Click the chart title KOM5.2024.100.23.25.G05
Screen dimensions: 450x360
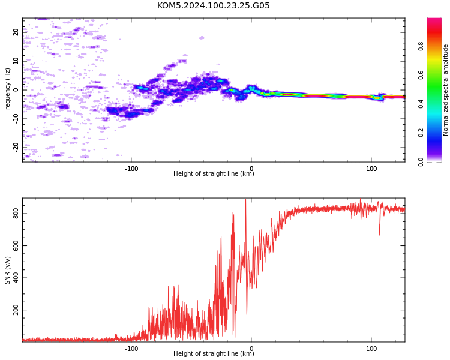(213, 5)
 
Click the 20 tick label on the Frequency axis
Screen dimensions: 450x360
(16, 32)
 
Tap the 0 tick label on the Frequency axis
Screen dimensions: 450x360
(16, 90)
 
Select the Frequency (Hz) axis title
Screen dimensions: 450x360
(7, 90)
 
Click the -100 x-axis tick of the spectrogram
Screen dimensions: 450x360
(131, 169)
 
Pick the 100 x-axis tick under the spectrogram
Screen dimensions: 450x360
(371, 169)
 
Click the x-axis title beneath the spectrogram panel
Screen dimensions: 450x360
(214, 173)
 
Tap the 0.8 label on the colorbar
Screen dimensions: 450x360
(421, 46)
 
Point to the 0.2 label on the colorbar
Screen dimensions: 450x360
(421, 133)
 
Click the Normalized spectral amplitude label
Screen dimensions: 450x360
(445, 90)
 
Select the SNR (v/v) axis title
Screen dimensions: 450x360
(7, 270)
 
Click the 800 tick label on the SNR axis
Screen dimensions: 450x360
(16, 214)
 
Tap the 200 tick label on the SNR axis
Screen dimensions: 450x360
(16, 310)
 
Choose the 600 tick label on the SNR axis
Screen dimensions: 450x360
(16, 246)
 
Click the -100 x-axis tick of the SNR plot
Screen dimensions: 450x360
(131, 349)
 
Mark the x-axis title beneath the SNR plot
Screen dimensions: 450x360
(214, 353)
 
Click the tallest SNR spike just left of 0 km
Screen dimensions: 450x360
(245, 200)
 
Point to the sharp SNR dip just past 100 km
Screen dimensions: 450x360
(380, 235)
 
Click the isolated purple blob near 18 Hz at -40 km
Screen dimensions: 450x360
(202, 38)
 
